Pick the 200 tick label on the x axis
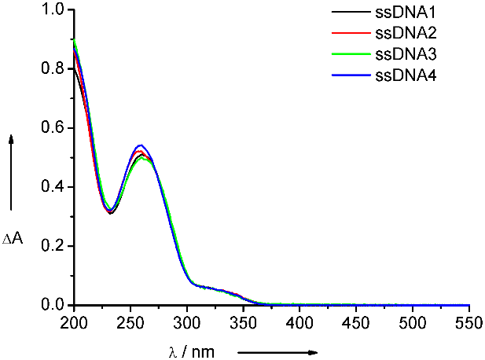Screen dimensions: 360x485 coord(74,322)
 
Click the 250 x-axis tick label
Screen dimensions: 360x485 coord(130,322)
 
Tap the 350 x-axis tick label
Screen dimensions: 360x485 coord(244,322)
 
